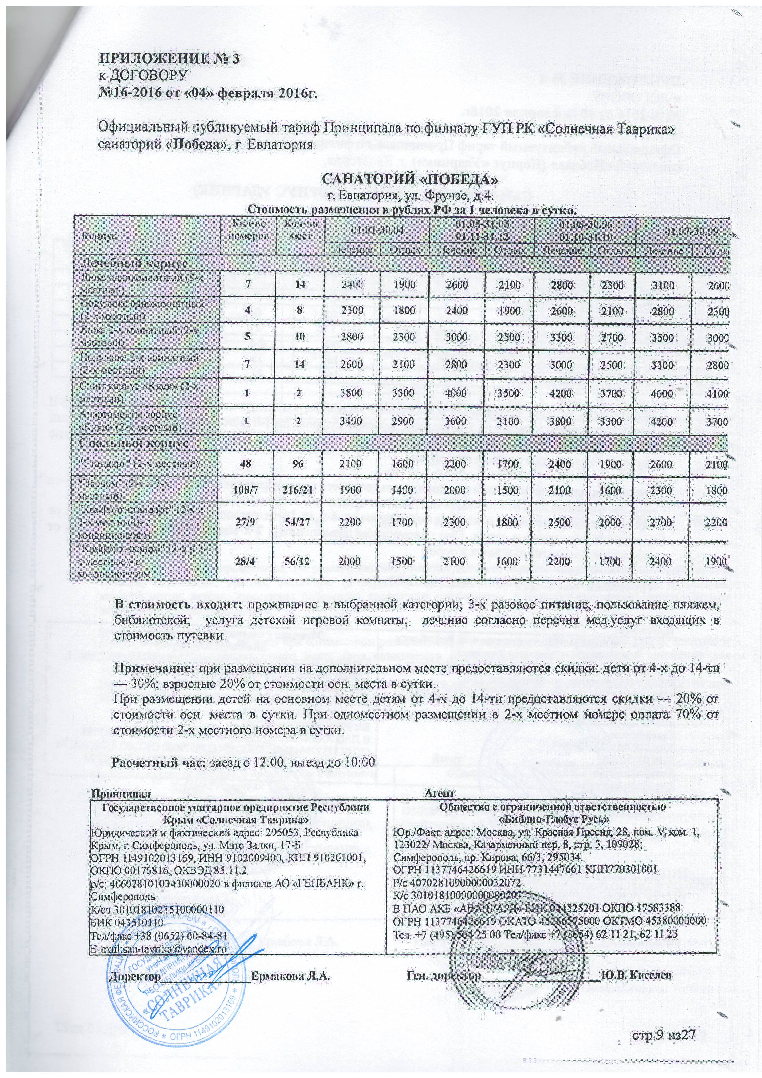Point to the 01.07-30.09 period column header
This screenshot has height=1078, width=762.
click(683, 230)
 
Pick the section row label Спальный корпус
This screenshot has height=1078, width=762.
click(134, 443)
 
